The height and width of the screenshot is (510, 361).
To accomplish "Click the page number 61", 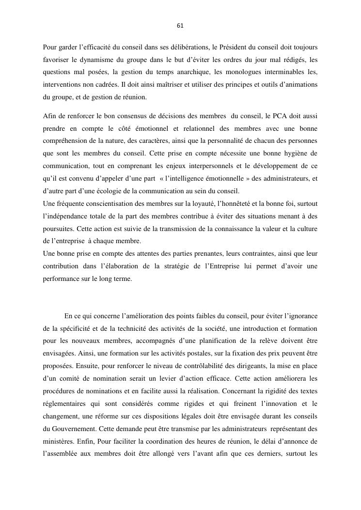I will (180, 26).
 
